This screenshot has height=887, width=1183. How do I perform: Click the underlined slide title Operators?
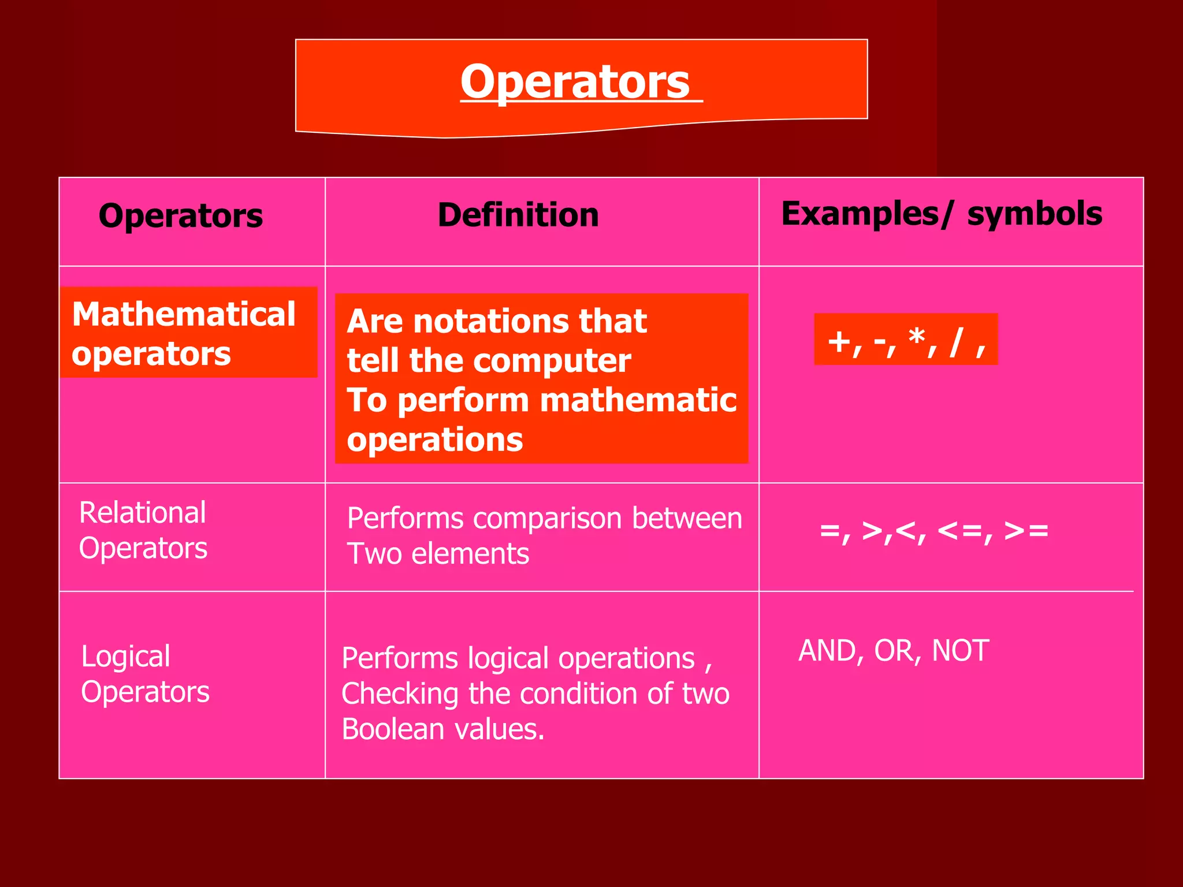pyautogui.click(x=575, y=83)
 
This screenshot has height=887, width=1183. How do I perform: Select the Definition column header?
pyautogui.click(x=518, y=215)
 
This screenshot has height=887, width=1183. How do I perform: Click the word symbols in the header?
pyautogui.click(x=1035, y=214)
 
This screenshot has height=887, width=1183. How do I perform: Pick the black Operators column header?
pyautogui.click(x=181, y=216)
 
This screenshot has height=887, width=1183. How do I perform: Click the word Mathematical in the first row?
pyautogui.click(x=184, y=315)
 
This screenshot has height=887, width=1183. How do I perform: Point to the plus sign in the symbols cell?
pyautogui.click(x=839, y=341)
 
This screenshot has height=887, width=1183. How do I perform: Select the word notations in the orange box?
pyautogui.click(x=492, y=322)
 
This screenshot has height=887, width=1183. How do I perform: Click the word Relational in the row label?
pyautogui.click(x=142, y=513)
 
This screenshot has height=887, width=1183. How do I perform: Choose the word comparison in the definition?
pyautogui.click(x=551, y=519)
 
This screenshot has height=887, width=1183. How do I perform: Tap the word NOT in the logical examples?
pyautogui.click(x=960, y=651)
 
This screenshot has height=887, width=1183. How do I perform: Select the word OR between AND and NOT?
pyautogui.click(x=894, y=651)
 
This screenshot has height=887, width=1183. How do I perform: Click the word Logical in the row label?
pyautogui.click(x=125, y=657)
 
